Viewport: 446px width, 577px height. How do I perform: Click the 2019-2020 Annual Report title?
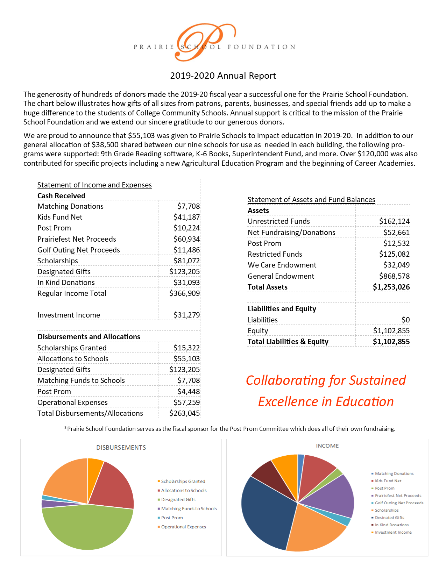coord(223,76)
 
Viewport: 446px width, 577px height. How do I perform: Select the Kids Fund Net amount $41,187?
coord(186,217)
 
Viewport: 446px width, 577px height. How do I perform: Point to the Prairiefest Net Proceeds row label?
coord(77,239)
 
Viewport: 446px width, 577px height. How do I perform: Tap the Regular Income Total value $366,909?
coord(184,293)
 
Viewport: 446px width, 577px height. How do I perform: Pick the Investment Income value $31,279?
coord(186,315)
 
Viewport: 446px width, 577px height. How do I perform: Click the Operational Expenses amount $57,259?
coord(186,403)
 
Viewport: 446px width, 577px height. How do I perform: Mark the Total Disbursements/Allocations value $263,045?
coord(184,413)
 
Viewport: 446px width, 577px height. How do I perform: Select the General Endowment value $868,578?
coord(394,276)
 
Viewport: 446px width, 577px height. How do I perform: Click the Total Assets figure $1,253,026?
coord(391,287)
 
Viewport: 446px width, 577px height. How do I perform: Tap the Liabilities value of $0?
coord(405,320)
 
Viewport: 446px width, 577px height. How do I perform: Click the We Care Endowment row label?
coord(282,265)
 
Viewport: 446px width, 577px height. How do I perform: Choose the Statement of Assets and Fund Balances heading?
coord(311,200)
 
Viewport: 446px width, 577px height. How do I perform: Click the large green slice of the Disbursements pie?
coord(87,528)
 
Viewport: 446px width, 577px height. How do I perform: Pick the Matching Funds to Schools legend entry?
coord(189,509)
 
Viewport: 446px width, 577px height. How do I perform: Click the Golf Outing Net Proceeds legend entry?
coord(399,503)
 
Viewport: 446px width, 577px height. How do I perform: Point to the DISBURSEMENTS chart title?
coord(121,448)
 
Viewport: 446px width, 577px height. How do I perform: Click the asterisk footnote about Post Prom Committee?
coord(229,429)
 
